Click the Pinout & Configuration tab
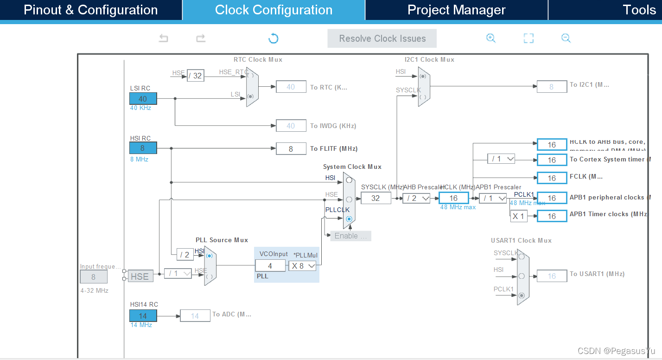[x=91, y=10]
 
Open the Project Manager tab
[x=456, y=10]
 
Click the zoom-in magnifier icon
[x=491, y=39]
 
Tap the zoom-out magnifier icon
[x=566, y=39]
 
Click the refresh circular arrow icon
[x=274, y=39]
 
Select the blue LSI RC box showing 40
[x=143, y=98]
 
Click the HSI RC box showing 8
[x=143, y=148]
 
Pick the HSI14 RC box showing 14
[x=143, y=315]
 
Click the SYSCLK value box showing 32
[x=376, y=198]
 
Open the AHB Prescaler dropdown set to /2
[x=416, y=198]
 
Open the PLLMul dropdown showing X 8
[x=303, y=266]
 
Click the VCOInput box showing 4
[x=270, y=266]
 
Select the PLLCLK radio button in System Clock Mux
[x=349, y=219]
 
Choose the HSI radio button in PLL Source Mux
[x=210, y=255]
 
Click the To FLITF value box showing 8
[x=291, y=149]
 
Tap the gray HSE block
[x=140, y=276]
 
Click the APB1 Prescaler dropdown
[x=493, y=198]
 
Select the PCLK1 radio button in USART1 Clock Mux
[x=522, y=295]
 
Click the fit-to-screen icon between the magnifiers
[x=528, y=39]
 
